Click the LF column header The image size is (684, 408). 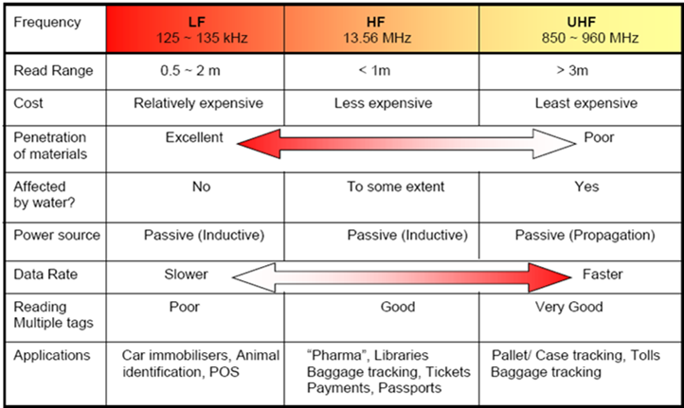(x=202, y=29)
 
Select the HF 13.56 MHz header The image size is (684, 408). (x=377, y=29)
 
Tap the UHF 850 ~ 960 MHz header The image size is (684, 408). (x=590, y=29)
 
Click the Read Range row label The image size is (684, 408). (x=53, y=71)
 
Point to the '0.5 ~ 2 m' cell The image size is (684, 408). (x=190, y=71)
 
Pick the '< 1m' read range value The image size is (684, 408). (x=374, y=71)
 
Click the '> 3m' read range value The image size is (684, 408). (x=572, y=71)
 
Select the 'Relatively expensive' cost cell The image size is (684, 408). (x=199, y=103)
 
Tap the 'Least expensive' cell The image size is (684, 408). (x=586, y=103)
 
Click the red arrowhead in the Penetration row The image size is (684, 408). (x=260, y=143)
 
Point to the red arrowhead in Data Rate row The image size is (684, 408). (x=549, y=276)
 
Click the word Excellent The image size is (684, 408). (x=194, y=137)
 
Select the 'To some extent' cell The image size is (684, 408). (x=396, y=186)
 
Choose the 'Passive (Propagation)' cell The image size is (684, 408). (x=585, y=236)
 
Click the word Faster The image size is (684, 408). (x=603, y=275)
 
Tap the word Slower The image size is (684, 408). (x=186, y=275)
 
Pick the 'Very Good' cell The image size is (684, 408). (x=569, y=307)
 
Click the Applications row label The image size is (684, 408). (x=52, y=356)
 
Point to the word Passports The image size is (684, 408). (x=410, y=388)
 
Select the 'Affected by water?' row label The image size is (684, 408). (x=45, y=194)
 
